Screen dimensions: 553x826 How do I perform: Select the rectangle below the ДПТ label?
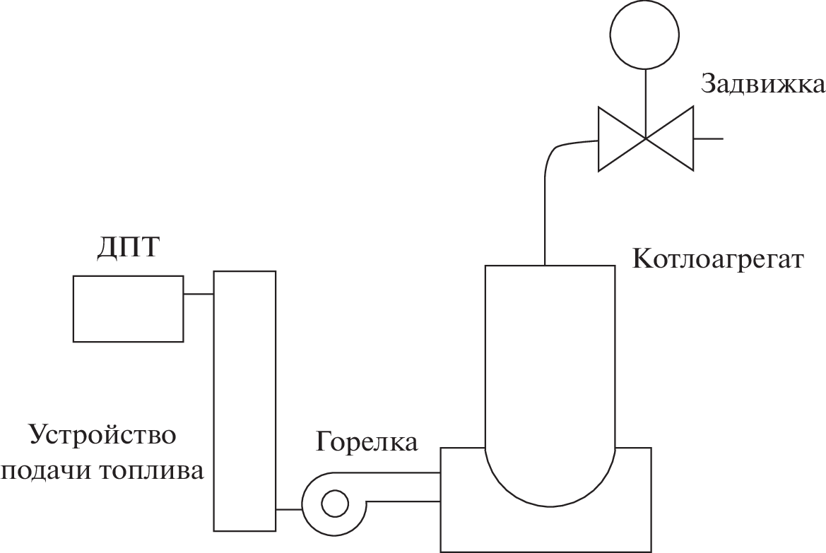point(128,309)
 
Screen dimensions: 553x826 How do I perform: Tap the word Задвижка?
point(762,84)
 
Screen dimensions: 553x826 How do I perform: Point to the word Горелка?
point(367,441)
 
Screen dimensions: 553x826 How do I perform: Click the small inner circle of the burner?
point(334,504)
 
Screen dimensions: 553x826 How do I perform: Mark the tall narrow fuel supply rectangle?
point(244,400)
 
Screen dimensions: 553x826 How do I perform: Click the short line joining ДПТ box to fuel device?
point(199,294)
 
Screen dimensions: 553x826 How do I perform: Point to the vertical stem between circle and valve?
point(645,99)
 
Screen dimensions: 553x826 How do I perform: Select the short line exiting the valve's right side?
point(708,138)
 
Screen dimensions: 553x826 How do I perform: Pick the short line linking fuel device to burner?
point(288,509)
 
